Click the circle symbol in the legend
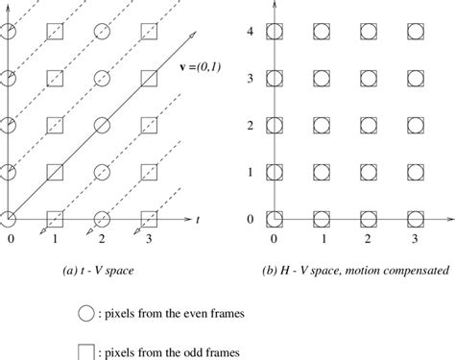tap(87, 312)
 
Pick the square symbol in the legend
tap(87, 349)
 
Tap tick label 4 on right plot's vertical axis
tap(251, 32)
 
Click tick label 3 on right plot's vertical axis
tap(251, 79)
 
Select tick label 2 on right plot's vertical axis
tap(251, 126)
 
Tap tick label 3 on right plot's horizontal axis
tap(414, 238)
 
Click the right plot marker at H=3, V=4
tap(414, 33)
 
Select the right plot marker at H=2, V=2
tap(368, 126)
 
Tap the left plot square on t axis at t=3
tap(148, 218)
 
